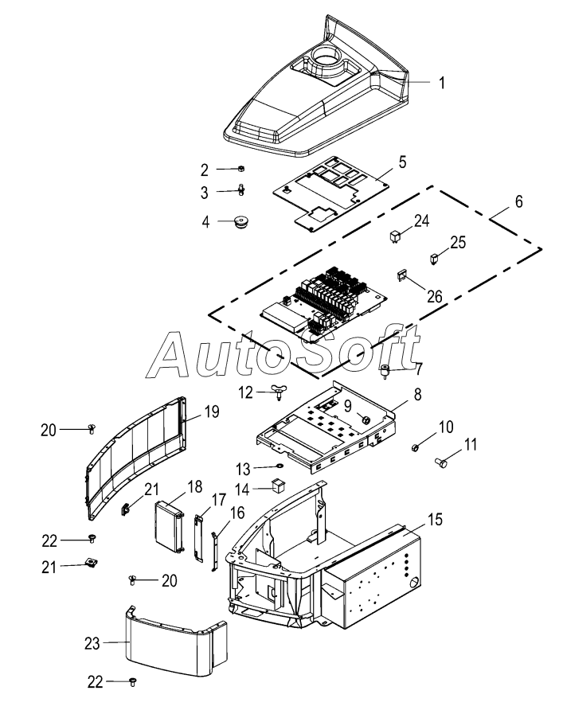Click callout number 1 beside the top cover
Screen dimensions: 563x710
[442, 83]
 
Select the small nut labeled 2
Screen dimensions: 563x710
[241, 169]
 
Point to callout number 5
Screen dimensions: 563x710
[402, 162]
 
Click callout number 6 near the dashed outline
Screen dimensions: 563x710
[518, 201]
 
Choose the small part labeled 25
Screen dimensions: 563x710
[434, 259]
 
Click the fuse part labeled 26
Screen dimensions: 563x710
[402, 275]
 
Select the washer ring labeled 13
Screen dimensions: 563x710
[280, 466]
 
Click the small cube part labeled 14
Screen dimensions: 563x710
[279, 486]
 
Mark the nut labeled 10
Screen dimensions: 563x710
[414, 448]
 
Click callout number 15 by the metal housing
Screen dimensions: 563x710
[435, 520]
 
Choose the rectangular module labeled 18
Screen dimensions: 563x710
[170, 525]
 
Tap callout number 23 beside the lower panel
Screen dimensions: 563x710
[92, 643]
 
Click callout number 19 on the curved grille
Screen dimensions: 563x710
[212, 412]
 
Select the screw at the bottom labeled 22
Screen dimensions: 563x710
[133, 681]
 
